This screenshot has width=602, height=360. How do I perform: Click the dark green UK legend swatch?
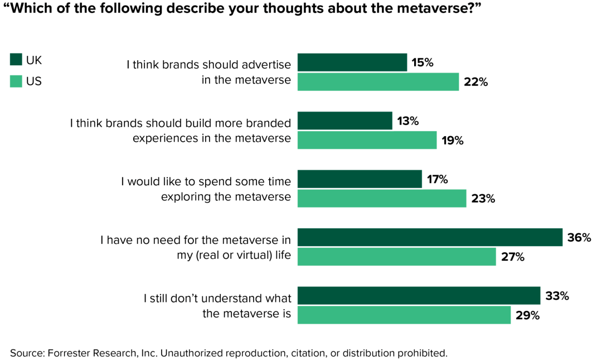pyautogui.click(x=16, y=60)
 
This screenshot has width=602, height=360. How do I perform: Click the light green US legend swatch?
pyautogui.click(x=16, y=81)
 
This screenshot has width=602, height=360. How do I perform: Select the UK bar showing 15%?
pyautogui.click(x=352, y=63)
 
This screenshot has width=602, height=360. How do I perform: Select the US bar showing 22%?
pyautogui.click(x=378, y=82)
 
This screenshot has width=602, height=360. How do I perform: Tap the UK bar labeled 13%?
pyautogui.click(x=345, y=121)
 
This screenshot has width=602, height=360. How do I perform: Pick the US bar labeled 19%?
pyautogui.click(x=367, y=140)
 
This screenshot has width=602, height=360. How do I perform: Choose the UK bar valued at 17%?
pyautogui.click(x=360, y=179)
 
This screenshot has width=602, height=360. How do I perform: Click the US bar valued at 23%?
pyautogui.click(x=382, y=198)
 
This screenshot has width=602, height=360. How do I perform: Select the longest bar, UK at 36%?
pyautogui.click(x=430, y=237)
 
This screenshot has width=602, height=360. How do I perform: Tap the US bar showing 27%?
pyautogui.click(x=396, y=257)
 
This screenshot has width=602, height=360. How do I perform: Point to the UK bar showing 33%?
pyautogui.click(x=419, y=296)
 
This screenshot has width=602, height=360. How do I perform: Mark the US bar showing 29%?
pyautogui.click(x=404, y=315)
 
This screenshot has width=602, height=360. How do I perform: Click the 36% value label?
pyautogui.click(x=579, y=238)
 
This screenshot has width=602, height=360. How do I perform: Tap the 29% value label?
pyautogui.click(x=527, y=315)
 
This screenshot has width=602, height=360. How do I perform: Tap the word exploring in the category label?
pyautogui.click(x=185, y=196)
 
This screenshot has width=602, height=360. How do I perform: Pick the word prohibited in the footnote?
pyautogui.click(x=425, y=353)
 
